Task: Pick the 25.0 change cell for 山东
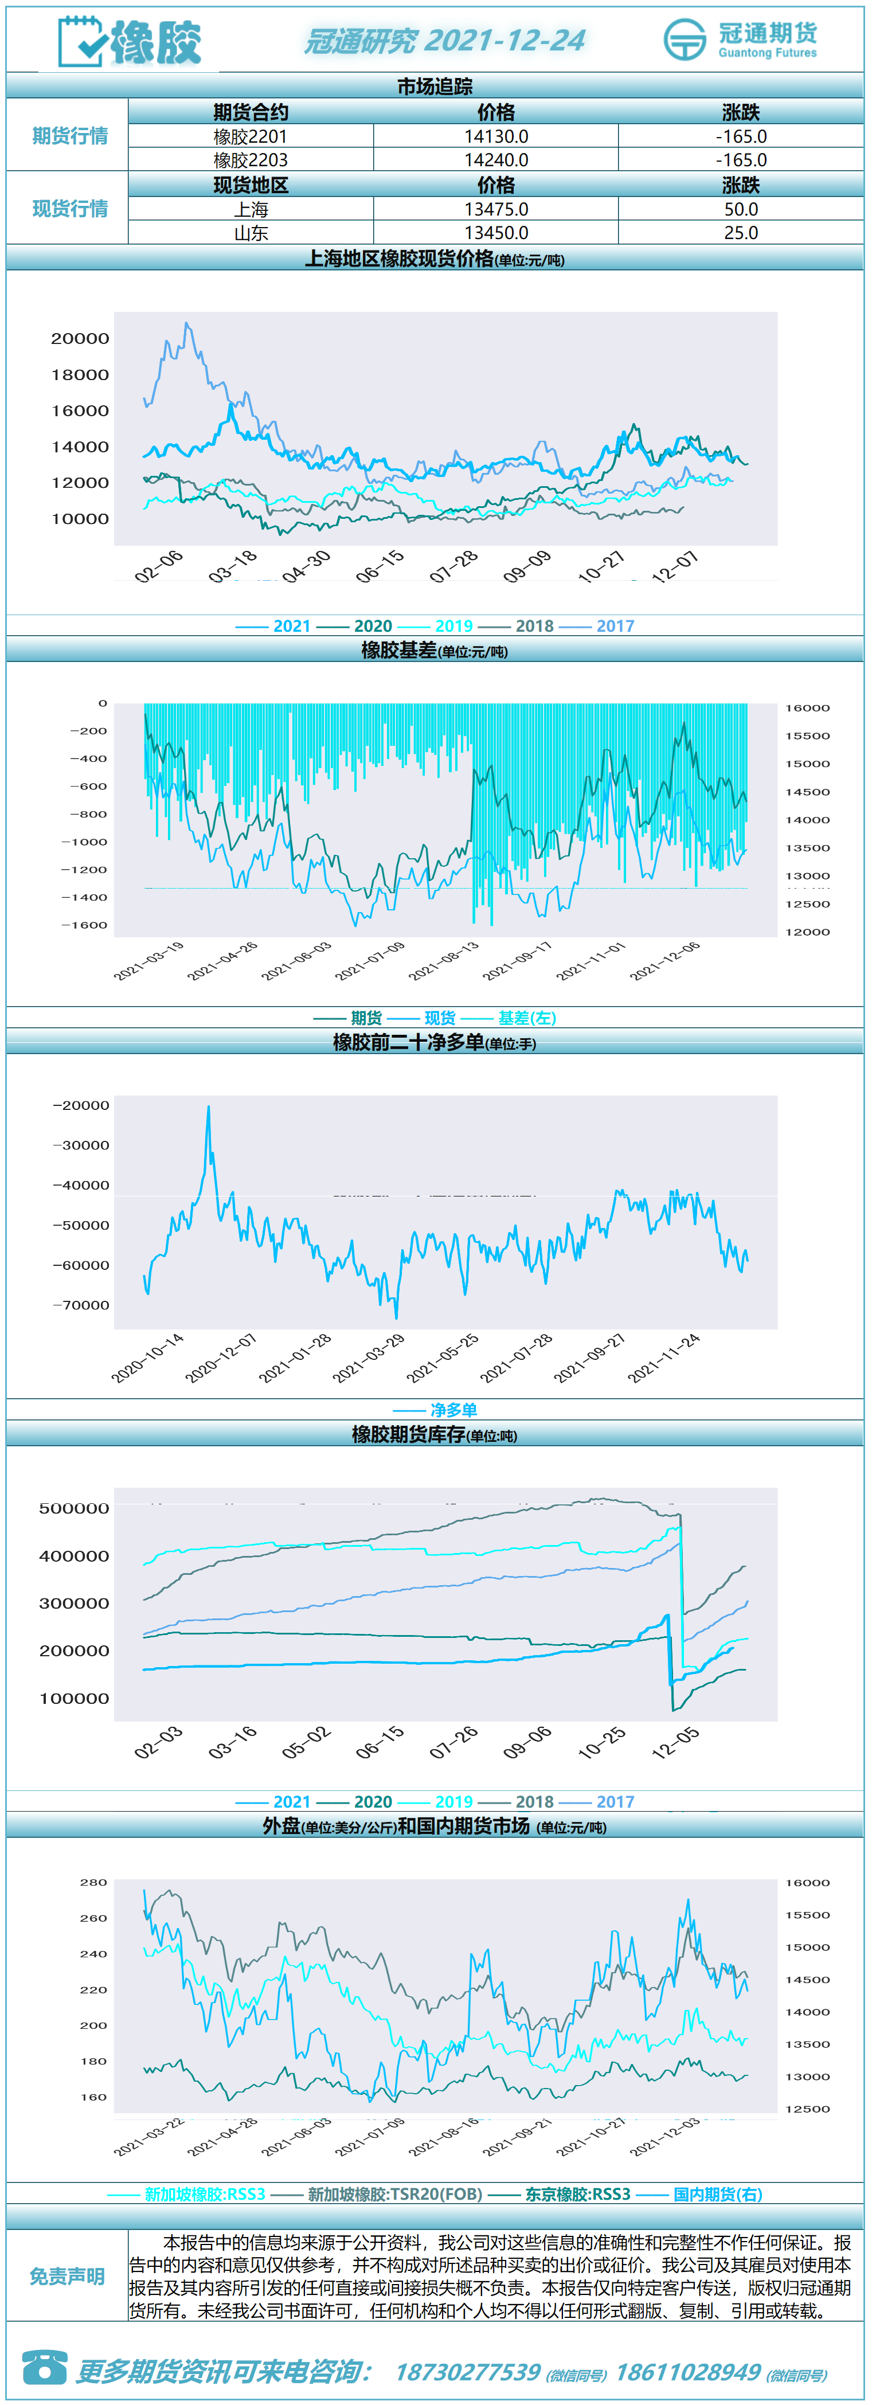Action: point(740,232)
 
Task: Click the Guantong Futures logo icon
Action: point(685,39)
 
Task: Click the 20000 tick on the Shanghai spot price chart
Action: point(80,339)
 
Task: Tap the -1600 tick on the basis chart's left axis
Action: point(84,925)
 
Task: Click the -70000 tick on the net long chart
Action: point(81,1305)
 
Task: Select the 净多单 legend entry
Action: point(436,1410)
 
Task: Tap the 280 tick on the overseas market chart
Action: point(93,1882)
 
